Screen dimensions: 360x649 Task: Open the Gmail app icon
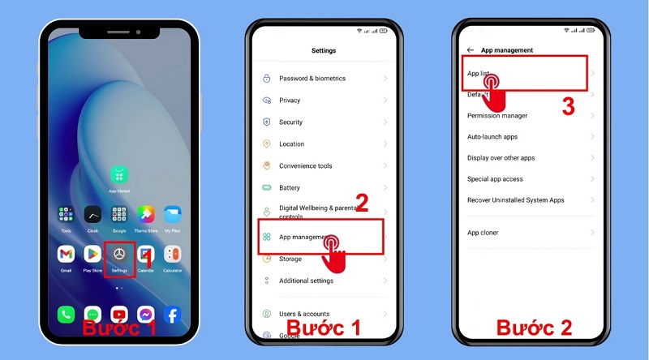pyautogui.click(x=67, y=254)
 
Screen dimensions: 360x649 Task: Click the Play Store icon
pyautogui.click(x=92, y=254)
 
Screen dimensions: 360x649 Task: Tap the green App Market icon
pyautogui.click(x=119, y=175)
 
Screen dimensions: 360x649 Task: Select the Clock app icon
pyautogui.click(x=92, y=215)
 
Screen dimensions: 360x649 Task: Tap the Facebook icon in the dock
pyautogui.click(x=172, y=315)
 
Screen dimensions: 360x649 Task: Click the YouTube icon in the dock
pyautogui.click(x=119, y=315)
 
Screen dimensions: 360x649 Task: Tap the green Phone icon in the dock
pyautogui.click(x=67, y=315)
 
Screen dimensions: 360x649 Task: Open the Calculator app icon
pyautogui.click(x=173, y=254)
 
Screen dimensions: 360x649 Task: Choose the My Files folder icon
pyautogui.click(x=173, y=215)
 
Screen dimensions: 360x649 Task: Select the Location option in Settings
pyautogui.click(x=292, y=144)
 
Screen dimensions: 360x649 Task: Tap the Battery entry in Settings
pyautogui.click(x=290, y=188)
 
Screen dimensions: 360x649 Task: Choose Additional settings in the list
pyautogui.click(x=306, y=281)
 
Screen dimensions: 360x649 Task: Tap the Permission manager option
pyautogui.click(x=497, y=116)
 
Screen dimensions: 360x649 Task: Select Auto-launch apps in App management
pyautogui.click(x=492, y=137)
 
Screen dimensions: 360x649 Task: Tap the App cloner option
pyautogui.click(x=484, y=233)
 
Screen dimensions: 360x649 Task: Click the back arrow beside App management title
pyautogui.click(x=471, y=50)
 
